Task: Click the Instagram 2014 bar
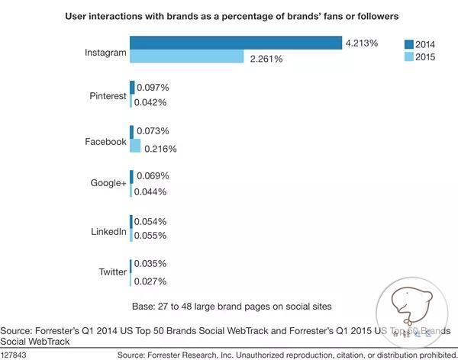point(235,43)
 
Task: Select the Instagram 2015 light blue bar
point(186,57)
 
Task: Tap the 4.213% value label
point(362,43)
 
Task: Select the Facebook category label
point(105,141)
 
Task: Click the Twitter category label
point(111,272)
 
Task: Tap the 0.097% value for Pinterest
point(153,88)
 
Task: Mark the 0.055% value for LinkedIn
point(150,236)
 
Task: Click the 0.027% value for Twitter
point(150,281)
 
